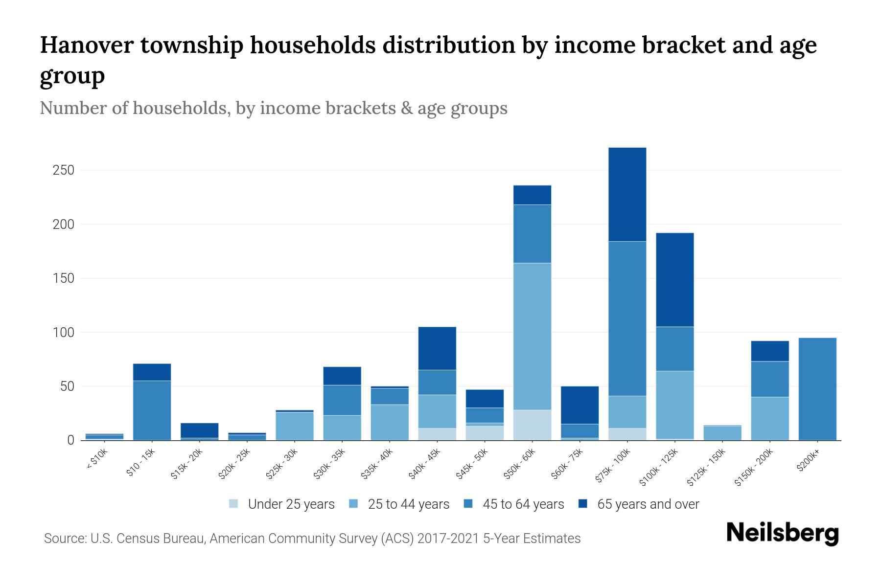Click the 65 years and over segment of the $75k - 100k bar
pyautogui.click(x=627, y=194)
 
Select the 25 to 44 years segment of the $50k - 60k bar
pyautogui.click(x=532, y=336)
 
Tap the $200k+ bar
pyautogui.click(x=817, y=389)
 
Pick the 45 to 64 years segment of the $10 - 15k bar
pyautogui.click(x=152, y=410)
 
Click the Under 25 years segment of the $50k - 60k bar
pyautogui.click(x=532, y=425)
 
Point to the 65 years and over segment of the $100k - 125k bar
pyautogui.click(x=674, y=279)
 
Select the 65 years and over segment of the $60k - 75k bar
pyautogui.click(x=580, y=405)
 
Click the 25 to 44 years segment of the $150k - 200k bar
pyautogui.click(x=769, y=418)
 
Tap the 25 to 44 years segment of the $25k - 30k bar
pyautogui.click(x=295, y=426)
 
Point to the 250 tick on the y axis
pyautogui.click(x=64, y=170)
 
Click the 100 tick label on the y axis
pyautogui.click(x=64, y=333)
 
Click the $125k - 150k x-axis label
pyautogui.click(x=706, y=469)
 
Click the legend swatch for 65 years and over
pyautogui.click(x=583, y=504)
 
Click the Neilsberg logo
pyautogui.click(x=782, y=533)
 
